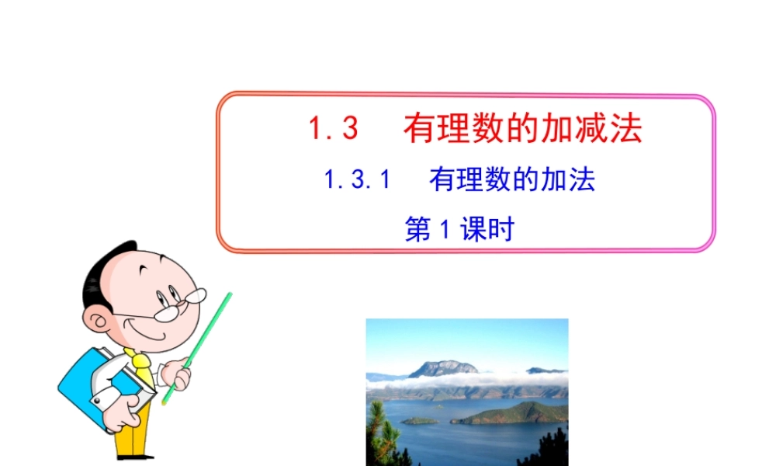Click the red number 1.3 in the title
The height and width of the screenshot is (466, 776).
[x=334, y=129]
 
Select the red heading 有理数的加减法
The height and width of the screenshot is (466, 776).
[x=523, y=129]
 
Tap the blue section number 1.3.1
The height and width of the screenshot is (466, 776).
[x=355, y=181]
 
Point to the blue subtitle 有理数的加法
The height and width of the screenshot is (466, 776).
[x=512, y=181]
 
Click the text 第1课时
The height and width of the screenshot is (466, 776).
[x=459, y=229]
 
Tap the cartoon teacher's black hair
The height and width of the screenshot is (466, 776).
[x=101, y=272]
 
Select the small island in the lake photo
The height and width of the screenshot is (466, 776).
[x=419, y=421]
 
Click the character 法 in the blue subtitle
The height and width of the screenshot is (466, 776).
[x=582, y=181]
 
